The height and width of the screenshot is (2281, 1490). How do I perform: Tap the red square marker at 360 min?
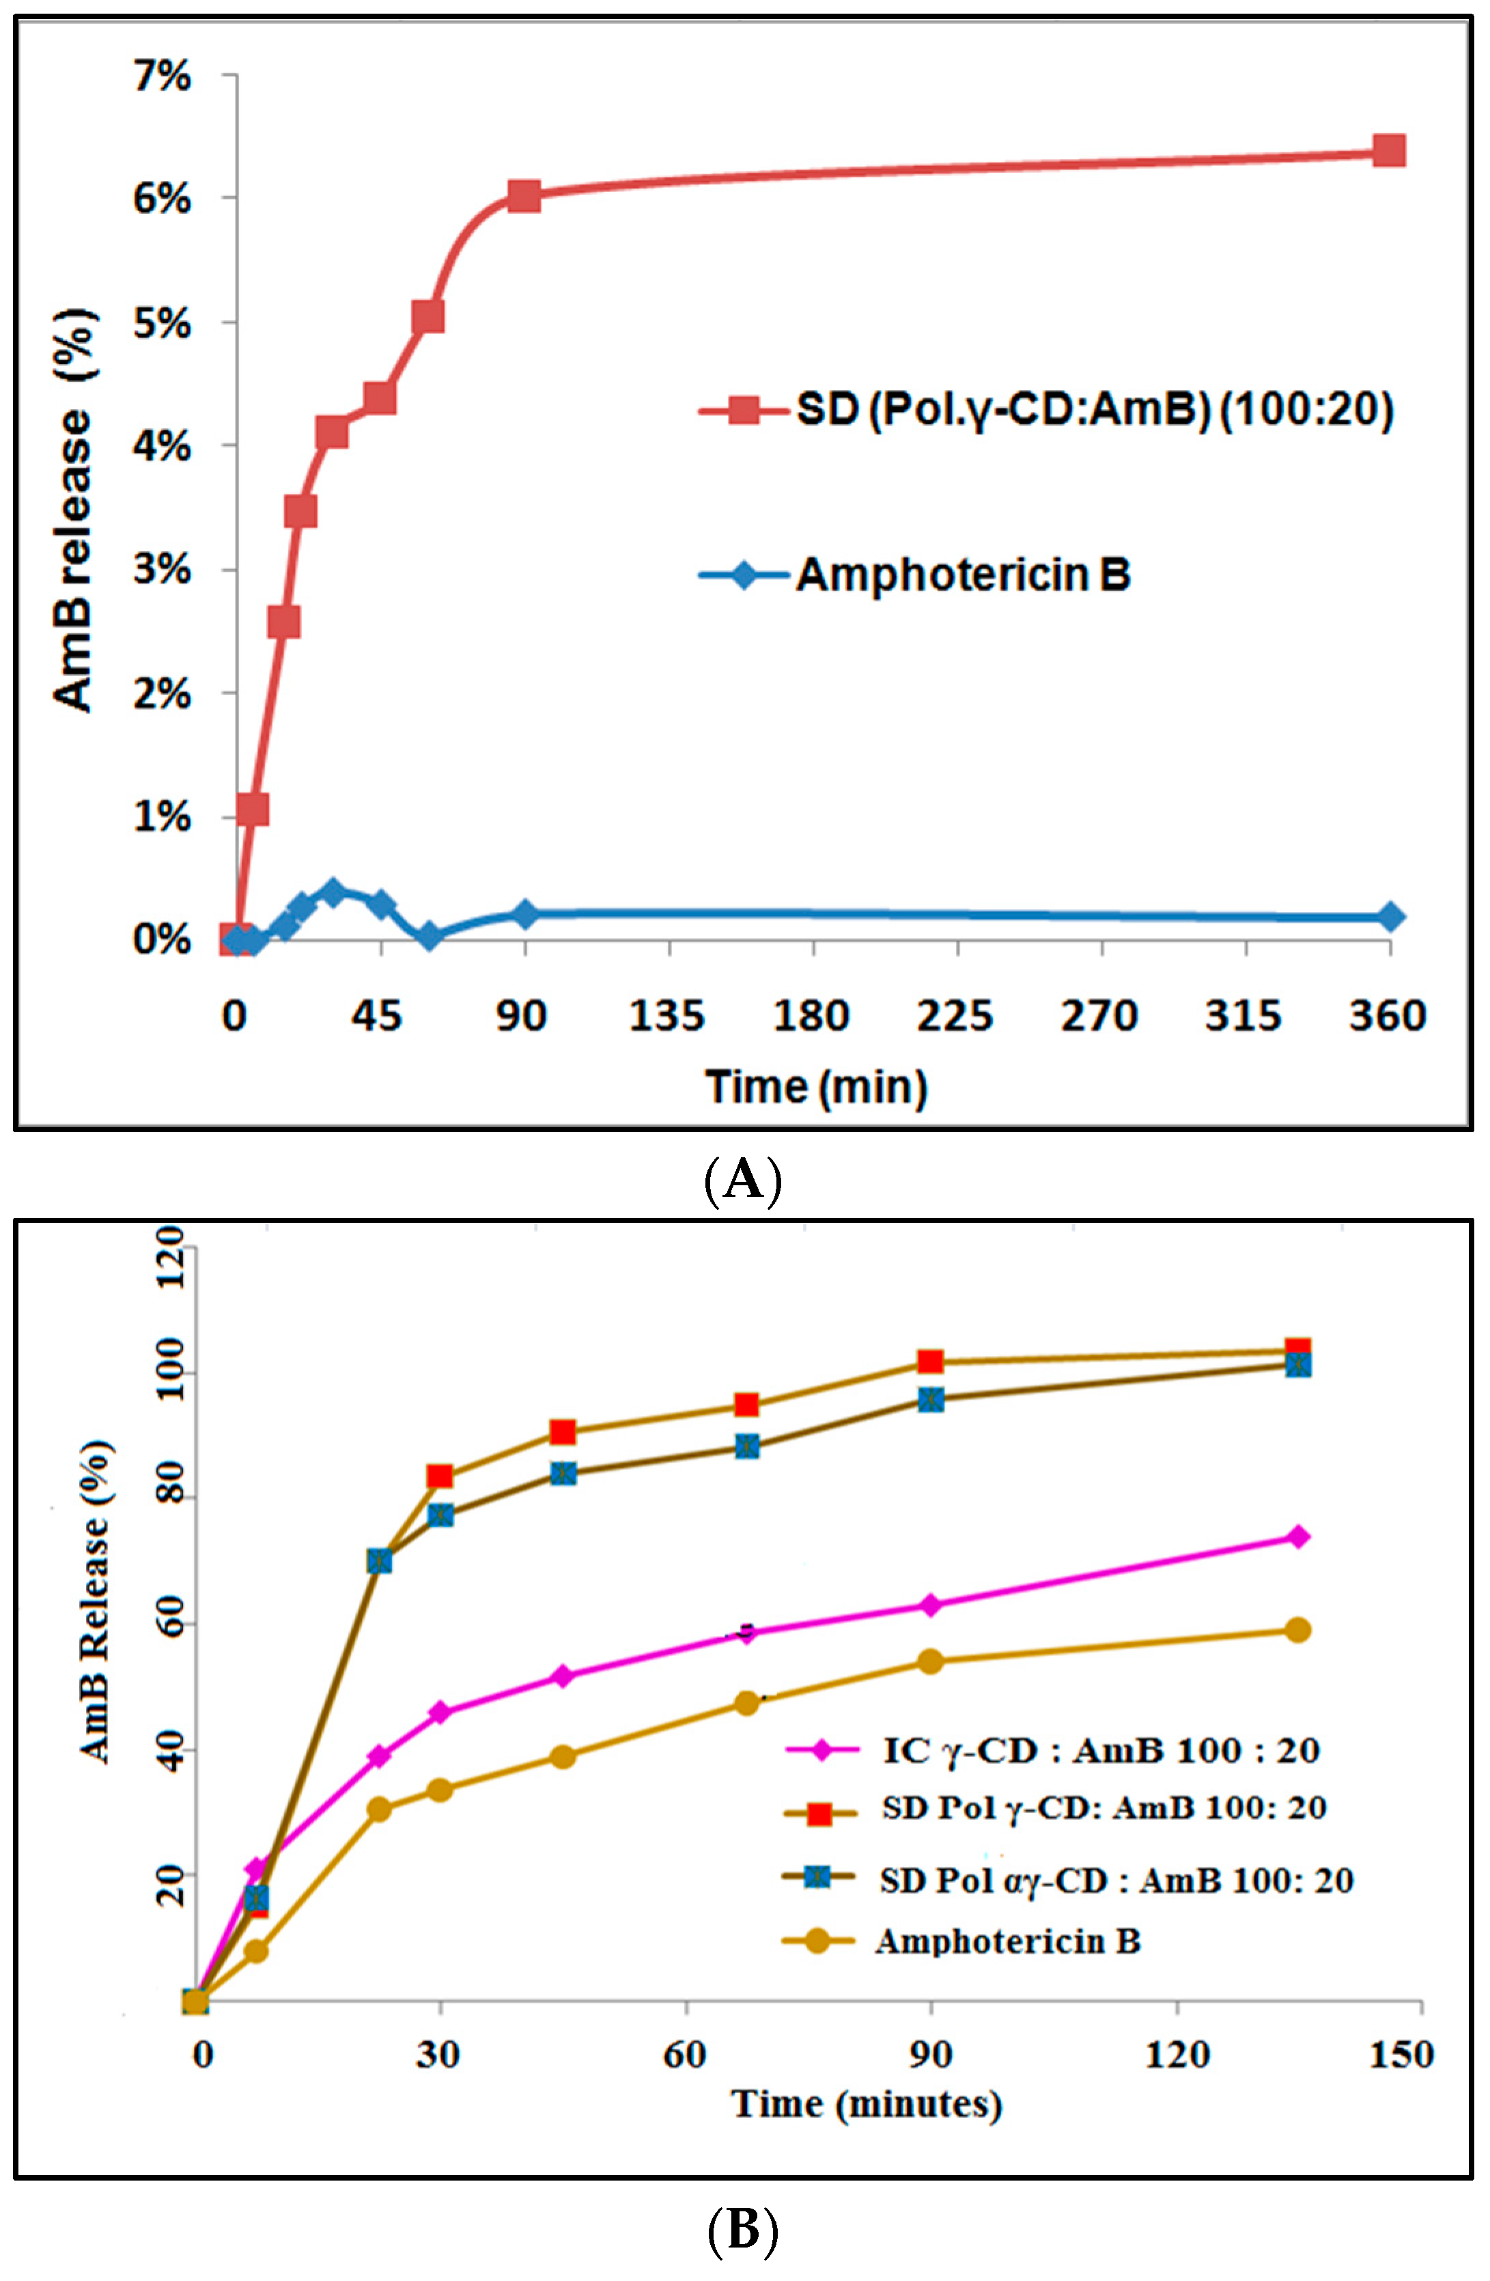pos(1388,150)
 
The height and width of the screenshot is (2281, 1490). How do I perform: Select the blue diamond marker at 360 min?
pos(1390,917)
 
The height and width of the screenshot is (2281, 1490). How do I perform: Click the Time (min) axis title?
pos(817,1087)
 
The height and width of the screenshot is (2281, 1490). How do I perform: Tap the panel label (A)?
pos(744,1180)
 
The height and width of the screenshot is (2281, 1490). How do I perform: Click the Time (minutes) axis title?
pos(867,2105)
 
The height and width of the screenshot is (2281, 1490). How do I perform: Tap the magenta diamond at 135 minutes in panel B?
pos(1297,1536)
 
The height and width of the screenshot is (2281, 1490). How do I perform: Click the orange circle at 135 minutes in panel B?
pos(1297,1630)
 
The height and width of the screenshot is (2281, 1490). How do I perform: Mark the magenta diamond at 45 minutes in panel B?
pos(563,1676)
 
